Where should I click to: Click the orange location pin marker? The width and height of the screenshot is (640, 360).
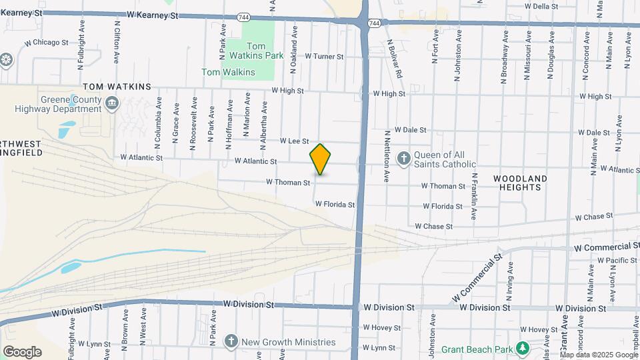click(321, 159)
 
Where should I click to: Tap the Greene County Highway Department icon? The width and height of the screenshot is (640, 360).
click(112, 102)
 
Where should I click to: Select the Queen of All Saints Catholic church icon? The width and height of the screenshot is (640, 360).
click(403, 159)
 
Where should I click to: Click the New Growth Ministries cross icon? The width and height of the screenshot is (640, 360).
click(231, 341)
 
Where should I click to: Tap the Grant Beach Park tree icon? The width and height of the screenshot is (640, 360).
click(523, 349)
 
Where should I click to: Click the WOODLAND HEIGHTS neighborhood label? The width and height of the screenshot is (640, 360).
click(520, 183)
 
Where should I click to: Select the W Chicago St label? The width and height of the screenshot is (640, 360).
click(46, 42)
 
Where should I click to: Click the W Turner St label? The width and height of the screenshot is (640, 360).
click(324, 57)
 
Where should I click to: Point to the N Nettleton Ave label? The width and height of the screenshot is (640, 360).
click(386, 157)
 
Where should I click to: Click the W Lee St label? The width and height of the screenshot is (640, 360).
click(294, 141)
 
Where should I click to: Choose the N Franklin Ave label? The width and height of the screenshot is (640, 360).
click(474, 197)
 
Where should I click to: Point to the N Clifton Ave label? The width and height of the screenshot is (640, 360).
click(117, 41)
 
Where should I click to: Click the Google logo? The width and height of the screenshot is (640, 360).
click(22, 351)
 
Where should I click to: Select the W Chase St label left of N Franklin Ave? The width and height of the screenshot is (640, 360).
click(433, 227)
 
